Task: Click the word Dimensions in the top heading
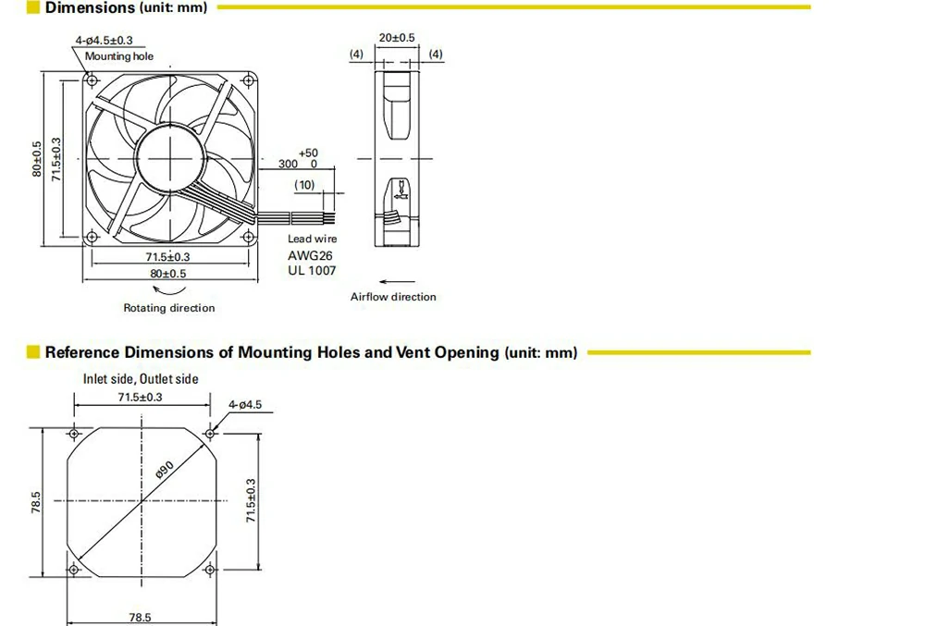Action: pos(90,8)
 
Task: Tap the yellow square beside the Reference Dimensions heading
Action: pos(34,352)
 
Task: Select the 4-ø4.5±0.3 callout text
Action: pos(103,40)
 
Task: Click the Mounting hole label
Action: pos(119,56)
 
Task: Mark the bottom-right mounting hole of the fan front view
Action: pos(247,237)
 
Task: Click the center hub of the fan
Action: pos(169,158)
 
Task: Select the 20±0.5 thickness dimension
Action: pos(397,38)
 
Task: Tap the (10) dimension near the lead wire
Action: pos(304,185)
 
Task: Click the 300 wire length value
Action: pos(289,164)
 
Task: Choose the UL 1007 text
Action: pos(312,271)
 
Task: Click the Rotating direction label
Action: pos(169,308)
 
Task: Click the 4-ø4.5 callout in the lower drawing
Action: pos(245,404)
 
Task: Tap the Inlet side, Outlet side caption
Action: pos(141,379)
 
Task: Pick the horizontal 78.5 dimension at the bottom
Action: pos(141,617)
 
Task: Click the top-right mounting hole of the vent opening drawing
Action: pos(211,432)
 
